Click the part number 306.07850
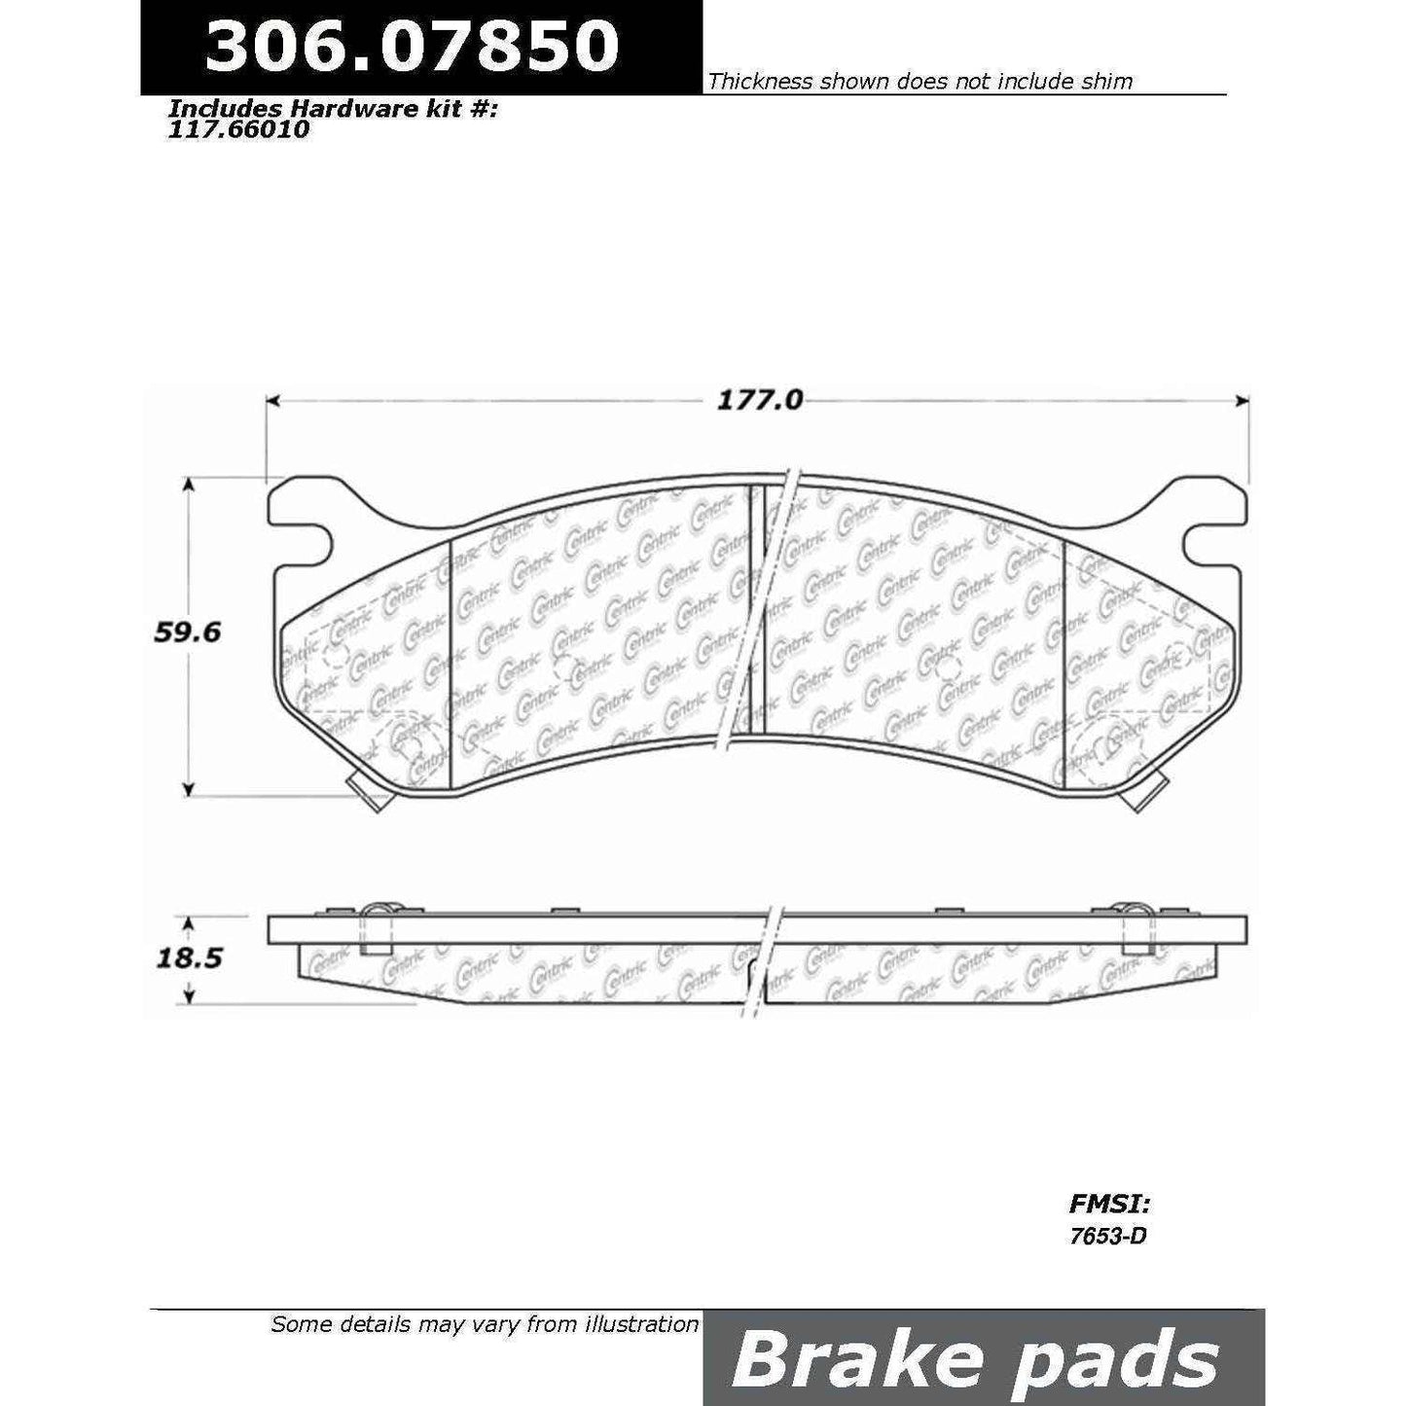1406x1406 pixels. pos(412,45)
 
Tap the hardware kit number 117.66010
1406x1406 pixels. pos(238,128)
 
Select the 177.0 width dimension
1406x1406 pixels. pos(760,400)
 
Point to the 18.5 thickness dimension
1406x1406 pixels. pos(189,957)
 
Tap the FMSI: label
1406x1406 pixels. pos(1110,1205)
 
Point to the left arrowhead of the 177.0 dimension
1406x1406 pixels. pos(272,400)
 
